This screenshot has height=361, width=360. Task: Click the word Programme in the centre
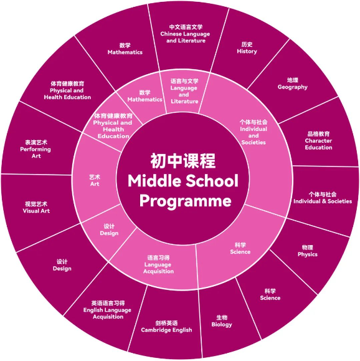(186, 201)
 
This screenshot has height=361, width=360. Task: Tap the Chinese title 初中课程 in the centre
(183, 161)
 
